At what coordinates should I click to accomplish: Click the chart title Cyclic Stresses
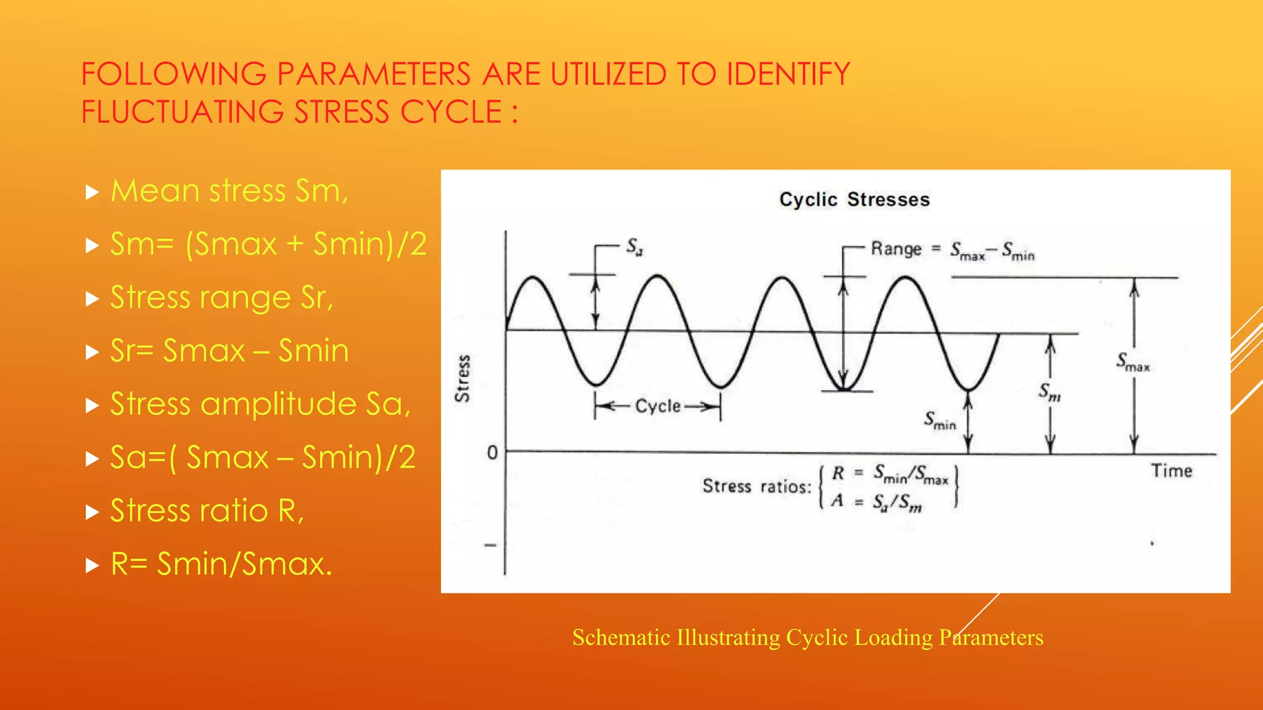pos(854,200)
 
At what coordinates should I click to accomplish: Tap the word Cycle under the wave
pos(658,406)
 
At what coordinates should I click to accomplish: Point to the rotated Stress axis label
pos(463,378)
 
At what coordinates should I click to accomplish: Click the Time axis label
pos(1171,471)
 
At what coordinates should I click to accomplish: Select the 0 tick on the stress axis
pos(492,453)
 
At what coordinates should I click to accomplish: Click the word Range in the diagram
pos(896,249)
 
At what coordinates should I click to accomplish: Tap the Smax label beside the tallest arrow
pos(1133,362)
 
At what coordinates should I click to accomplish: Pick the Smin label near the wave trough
pos(940,421)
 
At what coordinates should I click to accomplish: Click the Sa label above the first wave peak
pos(635,247)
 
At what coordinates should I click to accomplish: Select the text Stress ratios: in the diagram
pos(757,486)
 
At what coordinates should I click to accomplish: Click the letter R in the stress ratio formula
pos(837,473)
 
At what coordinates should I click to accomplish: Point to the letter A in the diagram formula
pos(837,500)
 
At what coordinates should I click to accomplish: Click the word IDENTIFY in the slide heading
pos(788,74)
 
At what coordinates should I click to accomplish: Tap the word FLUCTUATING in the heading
pos(183,112)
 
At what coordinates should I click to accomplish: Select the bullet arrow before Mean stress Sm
pos(93,192)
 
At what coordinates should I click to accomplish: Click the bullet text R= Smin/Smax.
pos(221,564)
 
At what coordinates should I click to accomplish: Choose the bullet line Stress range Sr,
pos(221,298)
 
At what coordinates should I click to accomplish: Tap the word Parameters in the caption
pos(991,637)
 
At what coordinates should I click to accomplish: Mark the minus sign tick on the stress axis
pos(490,545)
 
